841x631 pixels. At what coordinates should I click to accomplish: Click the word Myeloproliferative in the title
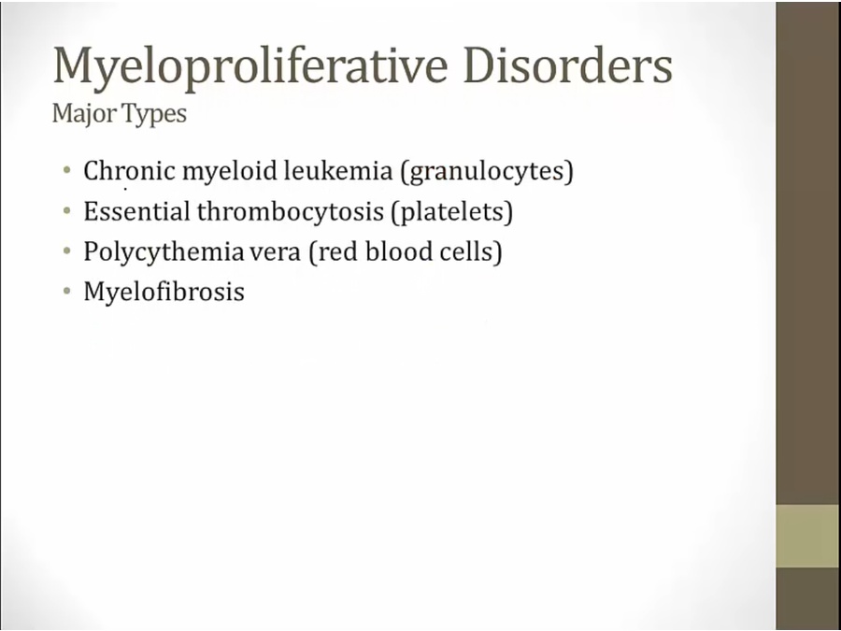tap(250, 66)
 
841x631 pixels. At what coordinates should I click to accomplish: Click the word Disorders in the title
tap(567, 65)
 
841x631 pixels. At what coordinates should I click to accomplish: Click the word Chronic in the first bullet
tap(129, 171)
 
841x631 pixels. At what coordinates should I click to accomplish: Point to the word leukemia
tap(338, 171)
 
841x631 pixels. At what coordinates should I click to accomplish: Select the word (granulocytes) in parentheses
tap(487, 172)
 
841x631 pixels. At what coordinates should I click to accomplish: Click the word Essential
tap(137, 211)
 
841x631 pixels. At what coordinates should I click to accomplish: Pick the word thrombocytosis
tap(291, 212)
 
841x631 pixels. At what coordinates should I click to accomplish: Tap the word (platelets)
tap(452, 212)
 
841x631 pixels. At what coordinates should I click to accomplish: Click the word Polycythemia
tap(164, 252)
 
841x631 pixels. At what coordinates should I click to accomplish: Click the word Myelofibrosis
tap(164, 293)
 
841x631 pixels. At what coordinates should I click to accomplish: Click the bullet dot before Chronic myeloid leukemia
tap(66, 171)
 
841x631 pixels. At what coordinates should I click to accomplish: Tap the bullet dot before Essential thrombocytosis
tap(66, 211)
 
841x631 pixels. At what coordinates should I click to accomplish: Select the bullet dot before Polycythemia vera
tap(66, 251)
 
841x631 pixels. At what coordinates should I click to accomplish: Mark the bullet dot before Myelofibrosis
tap(66, 292)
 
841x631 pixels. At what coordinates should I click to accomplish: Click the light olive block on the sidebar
tap(808, 536)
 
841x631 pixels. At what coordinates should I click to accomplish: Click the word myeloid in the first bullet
tap(230, 172)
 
